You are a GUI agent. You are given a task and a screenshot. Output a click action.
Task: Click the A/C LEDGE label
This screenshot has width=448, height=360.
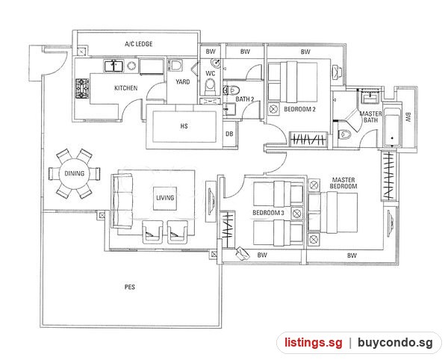click(x=139, y=44)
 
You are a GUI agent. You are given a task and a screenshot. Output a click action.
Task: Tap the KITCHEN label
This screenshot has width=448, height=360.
click(x=126, y=88)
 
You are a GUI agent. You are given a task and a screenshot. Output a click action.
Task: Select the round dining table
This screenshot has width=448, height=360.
click(x=74, y=173)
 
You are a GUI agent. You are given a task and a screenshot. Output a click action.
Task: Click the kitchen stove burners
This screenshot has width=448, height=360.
click(x=82, y=89)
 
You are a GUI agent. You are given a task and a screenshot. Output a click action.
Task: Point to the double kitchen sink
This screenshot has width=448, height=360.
click(x=113, y=66)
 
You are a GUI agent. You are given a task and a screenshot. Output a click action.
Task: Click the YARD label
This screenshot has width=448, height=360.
click(x=183, y=81)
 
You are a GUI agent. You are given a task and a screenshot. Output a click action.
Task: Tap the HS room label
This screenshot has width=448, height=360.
click(x=184, y=126)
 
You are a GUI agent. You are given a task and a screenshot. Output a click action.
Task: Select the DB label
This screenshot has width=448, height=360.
click(x=229, y=134)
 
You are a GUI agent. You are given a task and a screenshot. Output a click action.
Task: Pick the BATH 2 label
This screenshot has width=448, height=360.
click(x=245, y=99)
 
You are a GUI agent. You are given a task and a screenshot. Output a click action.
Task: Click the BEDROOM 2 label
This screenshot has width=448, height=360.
click(x=299, y=109)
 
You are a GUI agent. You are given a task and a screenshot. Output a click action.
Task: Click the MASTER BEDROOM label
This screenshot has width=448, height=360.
click(x=343, y=183)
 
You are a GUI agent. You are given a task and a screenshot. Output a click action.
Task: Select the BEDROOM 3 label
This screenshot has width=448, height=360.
click(x=268, y=213)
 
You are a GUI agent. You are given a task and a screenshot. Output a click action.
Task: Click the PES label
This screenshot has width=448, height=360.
click(x=130, y=287)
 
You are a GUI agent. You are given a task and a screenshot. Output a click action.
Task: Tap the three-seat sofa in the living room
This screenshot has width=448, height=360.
click(x=122, y=201)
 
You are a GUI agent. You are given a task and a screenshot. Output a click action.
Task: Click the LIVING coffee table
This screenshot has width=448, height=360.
click(x=165, y=198)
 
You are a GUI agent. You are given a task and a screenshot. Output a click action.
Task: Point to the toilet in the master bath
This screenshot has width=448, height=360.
click(x=344, y=134)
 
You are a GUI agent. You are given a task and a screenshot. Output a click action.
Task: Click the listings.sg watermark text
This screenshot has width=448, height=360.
click(x=313, y=342)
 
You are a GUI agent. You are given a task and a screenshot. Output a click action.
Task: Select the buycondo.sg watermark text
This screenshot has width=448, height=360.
click(x=395, y=342)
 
